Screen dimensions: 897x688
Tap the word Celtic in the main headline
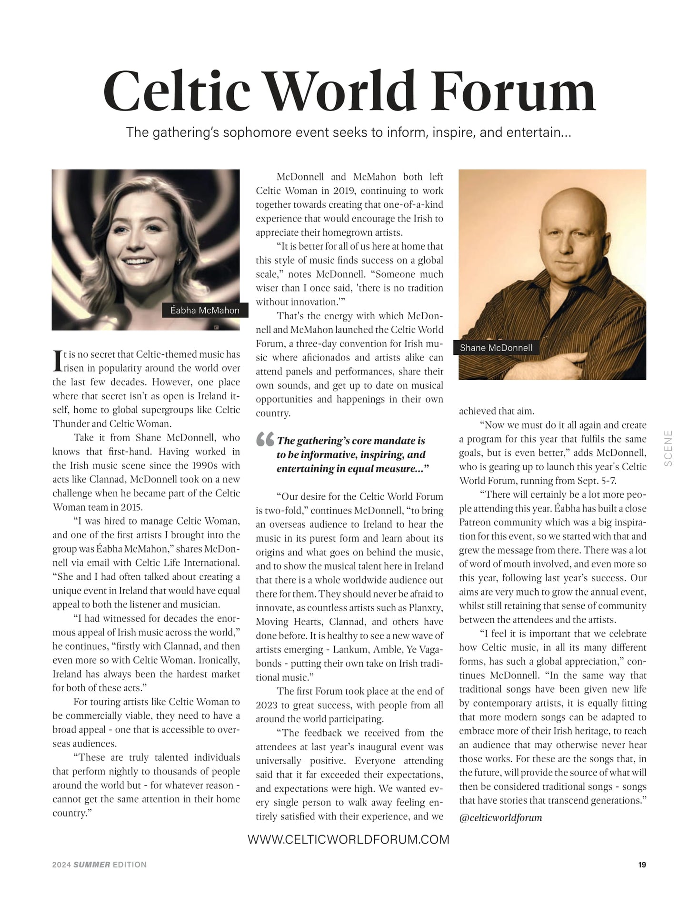(x=177, y=91)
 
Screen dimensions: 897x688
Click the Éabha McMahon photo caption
(x=205, y=311)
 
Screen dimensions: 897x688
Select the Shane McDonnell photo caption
(x=496, y=348)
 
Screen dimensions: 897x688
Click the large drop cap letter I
(x=58, y=361)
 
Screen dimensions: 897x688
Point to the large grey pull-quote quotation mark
(x=265, y=439)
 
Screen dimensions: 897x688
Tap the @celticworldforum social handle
(x=500, y=817)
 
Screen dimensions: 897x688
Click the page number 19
(x=642, y=865)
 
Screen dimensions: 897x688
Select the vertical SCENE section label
(x=668, y=448)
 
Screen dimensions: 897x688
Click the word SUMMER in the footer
(x=91, y=865)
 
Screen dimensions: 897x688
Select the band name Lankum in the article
(x=350, y=649)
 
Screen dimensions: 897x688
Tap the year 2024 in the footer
(x=61, y=865)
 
